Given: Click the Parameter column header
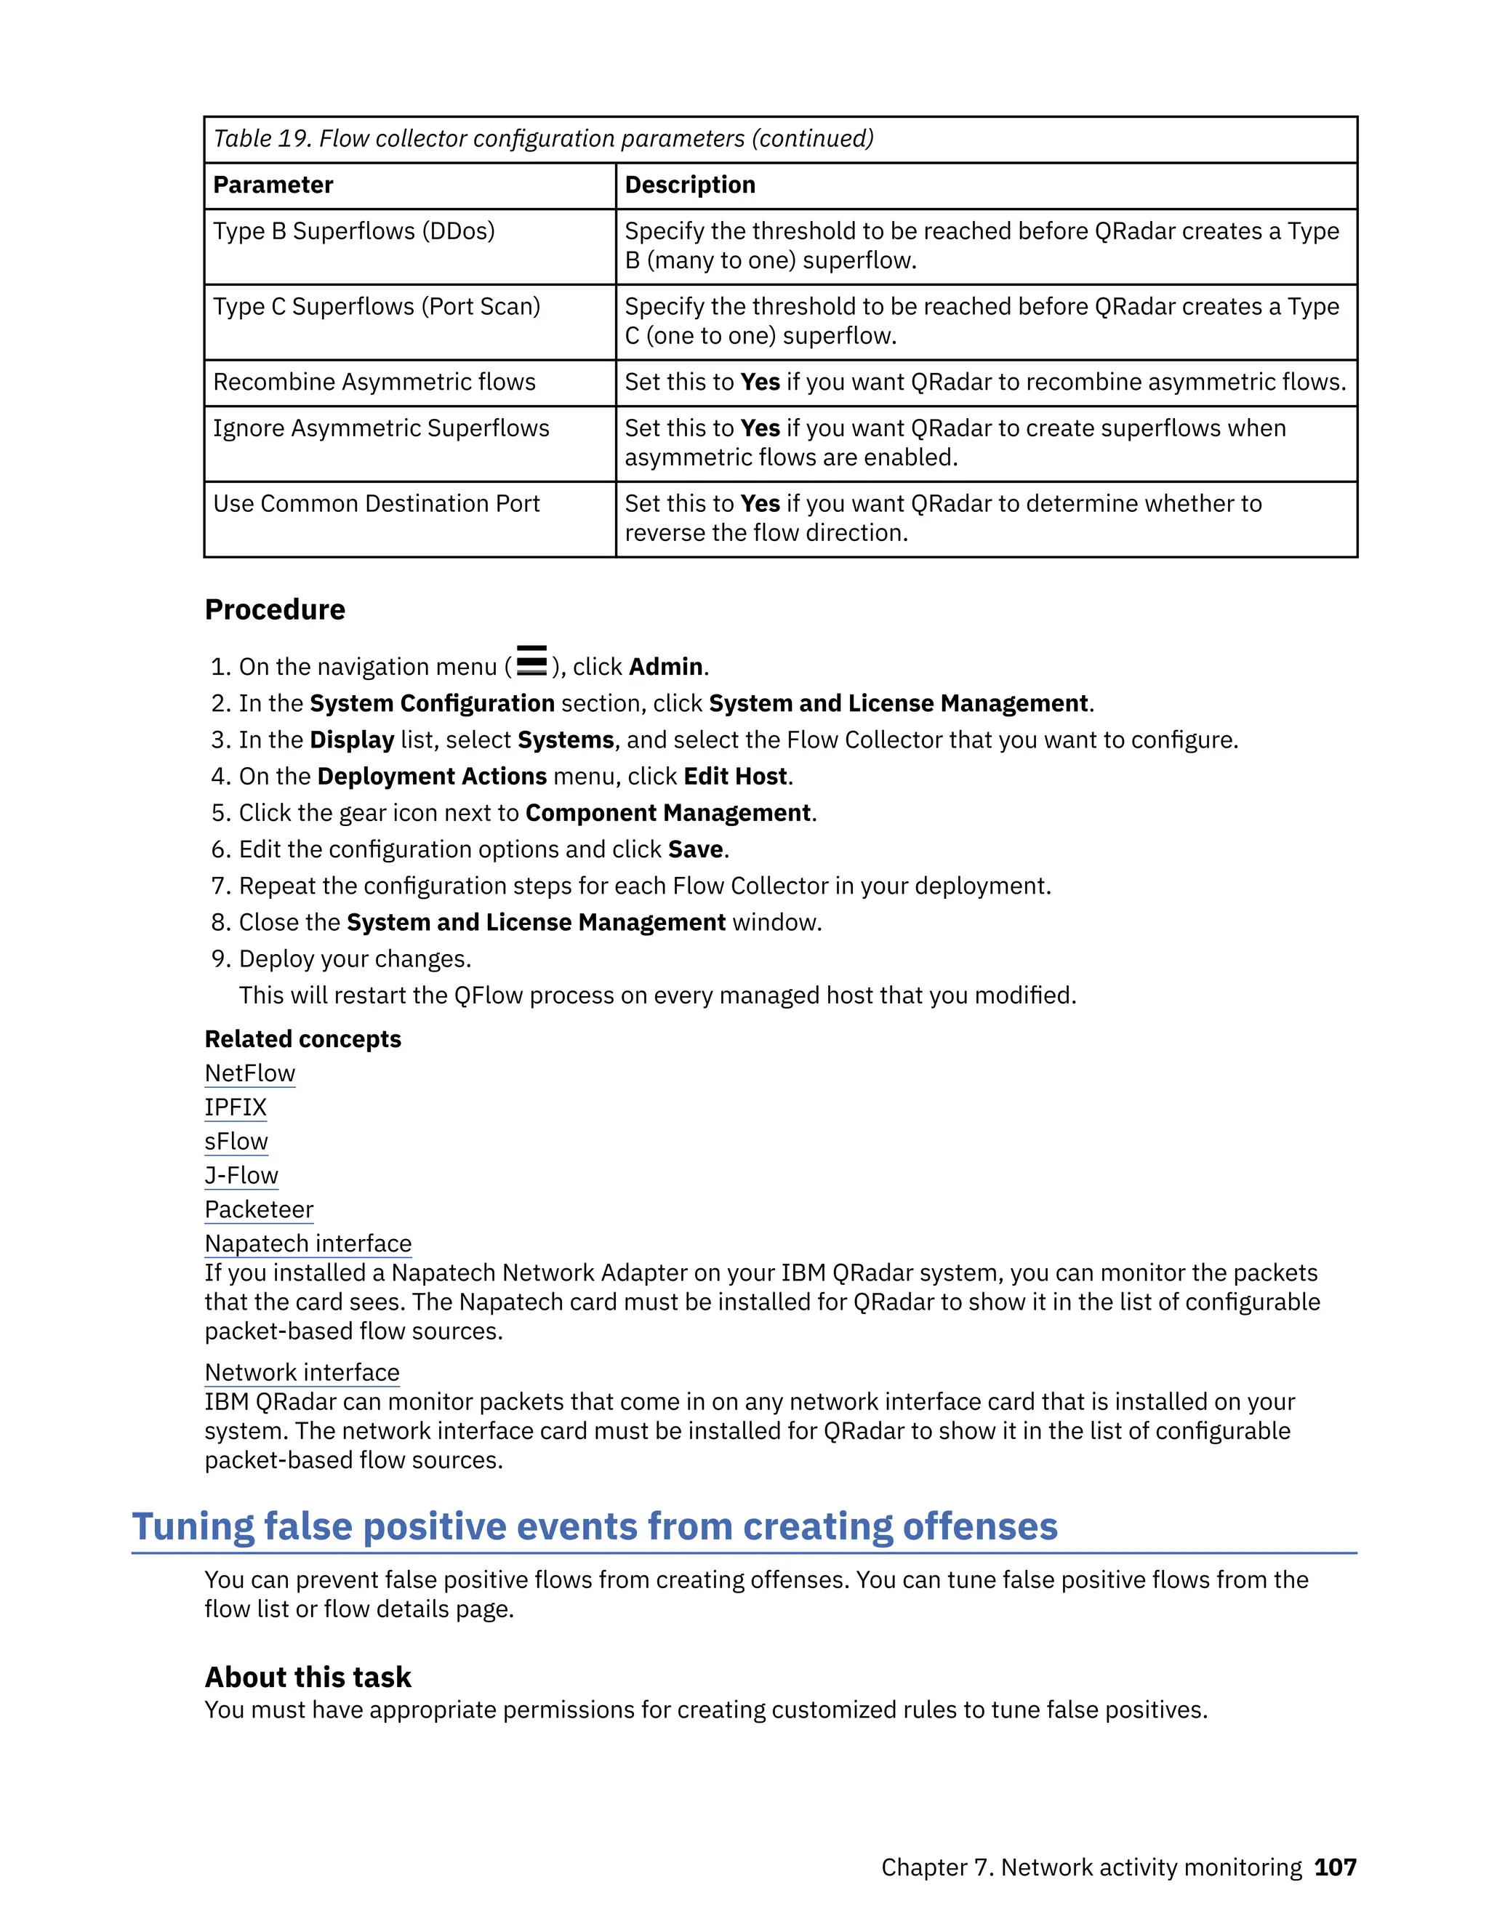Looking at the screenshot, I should (x=273, y=185).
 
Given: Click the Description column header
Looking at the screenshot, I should (x=690, y=185).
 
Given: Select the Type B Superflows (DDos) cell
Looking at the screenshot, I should (x=354, y=231).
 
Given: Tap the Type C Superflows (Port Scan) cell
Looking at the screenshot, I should (x=377, y=306).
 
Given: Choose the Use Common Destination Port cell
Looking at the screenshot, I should (x=376, y=504).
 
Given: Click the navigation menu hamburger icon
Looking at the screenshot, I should (x=531, y=661).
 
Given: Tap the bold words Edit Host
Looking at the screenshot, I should (x=735, y=777).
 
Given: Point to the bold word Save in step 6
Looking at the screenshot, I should (x=695, y=849).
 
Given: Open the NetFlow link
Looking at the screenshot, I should (x=249, y=1074).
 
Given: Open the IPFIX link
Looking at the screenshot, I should (x=236, y=1107).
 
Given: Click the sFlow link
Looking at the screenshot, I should (x=236, y=1142).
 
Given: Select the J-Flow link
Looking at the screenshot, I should (x=241, y=1176).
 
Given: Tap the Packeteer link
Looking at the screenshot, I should (x=258, y=1210).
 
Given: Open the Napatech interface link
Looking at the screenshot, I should (x=308, y=1244).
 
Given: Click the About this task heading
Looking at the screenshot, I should (x=308, y=1678).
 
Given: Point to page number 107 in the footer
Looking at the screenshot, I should (x=1335, y=1868).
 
